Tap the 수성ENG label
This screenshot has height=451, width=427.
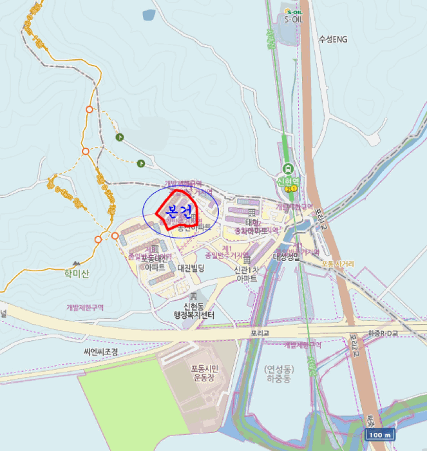[x=332, y=39]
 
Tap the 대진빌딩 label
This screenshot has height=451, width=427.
[x=191, y=268]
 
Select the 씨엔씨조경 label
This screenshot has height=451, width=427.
[x=101, y=352]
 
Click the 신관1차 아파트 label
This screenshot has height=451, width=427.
[x=246, y=274]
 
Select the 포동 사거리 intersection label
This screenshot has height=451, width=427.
[x=337, y=263]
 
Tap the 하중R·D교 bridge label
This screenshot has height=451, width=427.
[x=383, y=333]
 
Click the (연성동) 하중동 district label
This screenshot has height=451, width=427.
[x=279, y=374]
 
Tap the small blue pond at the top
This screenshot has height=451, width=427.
[x=149, y=14]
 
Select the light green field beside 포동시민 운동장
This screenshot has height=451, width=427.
[x=122, y=393]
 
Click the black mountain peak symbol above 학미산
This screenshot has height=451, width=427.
[x=77, y=264]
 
